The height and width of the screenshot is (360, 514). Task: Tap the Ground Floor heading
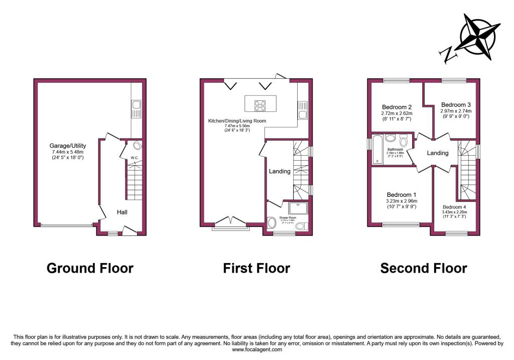[90, 268]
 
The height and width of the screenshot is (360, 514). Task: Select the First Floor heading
[256, 268]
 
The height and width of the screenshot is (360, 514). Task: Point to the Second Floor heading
[424, 268]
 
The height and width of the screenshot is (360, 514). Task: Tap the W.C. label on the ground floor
[134, 158]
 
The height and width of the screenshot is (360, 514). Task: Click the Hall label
[122, 212]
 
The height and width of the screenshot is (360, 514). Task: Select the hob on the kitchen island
[261, 105]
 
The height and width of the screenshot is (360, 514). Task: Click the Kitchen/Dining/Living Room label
[237, 121]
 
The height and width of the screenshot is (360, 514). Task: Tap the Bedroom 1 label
[402, 195]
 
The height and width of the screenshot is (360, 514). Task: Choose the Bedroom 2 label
[397, 107]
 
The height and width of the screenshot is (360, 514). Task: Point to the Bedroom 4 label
[454, 207]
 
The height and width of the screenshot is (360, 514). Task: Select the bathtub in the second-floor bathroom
[376, 149]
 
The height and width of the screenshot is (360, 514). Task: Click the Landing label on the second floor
[437, 153]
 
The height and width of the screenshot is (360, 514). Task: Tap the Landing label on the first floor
[280, 171]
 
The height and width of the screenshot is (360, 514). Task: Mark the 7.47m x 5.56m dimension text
[237, 126]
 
